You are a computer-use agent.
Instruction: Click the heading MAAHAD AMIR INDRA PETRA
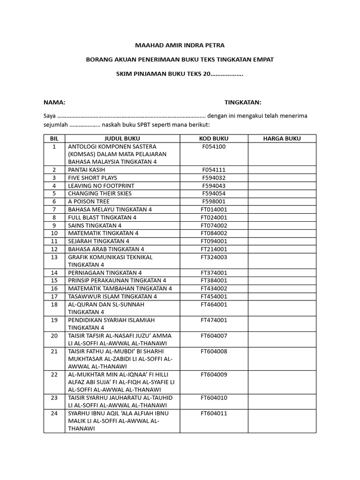[x=180, y=45]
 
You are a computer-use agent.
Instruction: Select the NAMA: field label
[x=54, y=103]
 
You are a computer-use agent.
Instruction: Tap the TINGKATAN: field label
[x=243, y=103]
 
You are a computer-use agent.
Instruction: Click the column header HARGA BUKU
[x=282, y=138]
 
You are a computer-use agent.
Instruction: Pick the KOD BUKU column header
[x=214, y=138]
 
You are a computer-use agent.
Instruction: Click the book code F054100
[x=214, y=146]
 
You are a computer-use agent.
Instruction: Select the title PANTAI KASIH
[x=86, y=170]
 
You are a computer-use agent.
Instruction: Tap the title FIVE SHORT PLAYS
[x=92, y=178]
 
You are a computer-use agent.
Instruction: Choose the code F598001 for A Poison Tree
[x=214, y=202]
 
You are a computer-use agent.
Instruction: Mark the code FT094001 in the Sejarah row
[x=214, y=241]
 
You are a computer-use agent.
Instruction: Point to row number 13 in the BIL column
[x=54, y=257]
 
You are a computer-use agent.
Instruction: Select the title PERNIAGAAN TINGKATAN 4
[x=105, y=272]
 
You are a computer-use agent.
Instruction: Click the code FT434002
[x=214, y=288]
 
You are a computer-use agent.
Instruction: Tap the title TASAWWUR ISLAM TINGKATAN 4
[x=112, y=296]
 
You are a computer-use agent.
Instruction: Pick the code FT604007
[x=214, y=336]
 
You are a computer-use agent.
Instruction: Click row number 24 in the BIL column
[x=54, y=413]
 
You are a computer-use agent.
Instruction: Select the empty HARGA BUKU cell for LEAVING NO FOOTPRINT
[x=282, y=186]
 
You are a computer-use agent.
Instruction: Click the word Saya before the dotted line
[x=50, y=116]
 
